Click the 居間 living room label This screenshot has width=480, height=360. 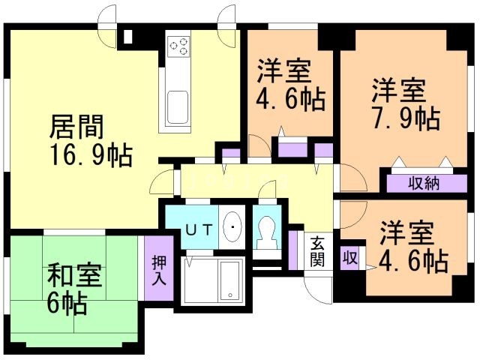pyautogui.click(x=76, y=127)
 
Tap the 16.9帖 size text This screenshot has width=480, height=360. pyautogui.click(x=91, y=155)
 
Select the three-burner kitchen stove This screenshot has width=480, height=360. pyautogui.click(x=178, y=46)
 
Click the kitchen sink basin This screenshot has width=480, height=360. pyautogui.click(x=178, y=107)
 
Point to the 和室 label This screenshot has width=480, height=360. pyautogui.click(x=74, y=276)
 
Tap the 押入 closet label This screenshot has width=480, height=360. pyautogui.click(x=160, y=271)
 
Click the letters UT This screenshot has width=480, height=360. pyautogui.click(x=199, y=229)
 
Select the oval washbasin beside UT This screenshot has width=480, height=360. pyautogui.click(x=232, y=226)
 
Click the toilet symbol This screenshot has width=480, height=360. pyautogui.click(x=267, y=232)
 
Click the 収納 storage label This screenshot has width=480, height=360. pyautogui.click(x=424, y=184)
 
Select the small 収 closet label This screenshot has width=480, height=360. pyautogui.click(x=349, y=258)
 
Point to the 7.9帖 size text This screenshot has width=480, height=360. pyautogui.click(x=406, y=118)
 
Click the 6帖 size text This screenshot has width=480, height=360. pyautogui.click(x=67, y=304)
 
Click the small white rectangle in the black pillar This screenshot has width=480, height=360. pyautogui.click(x=128, y=37)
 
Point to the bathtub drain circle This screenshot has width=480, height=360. pyautogui.click(x=230, y=295)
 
